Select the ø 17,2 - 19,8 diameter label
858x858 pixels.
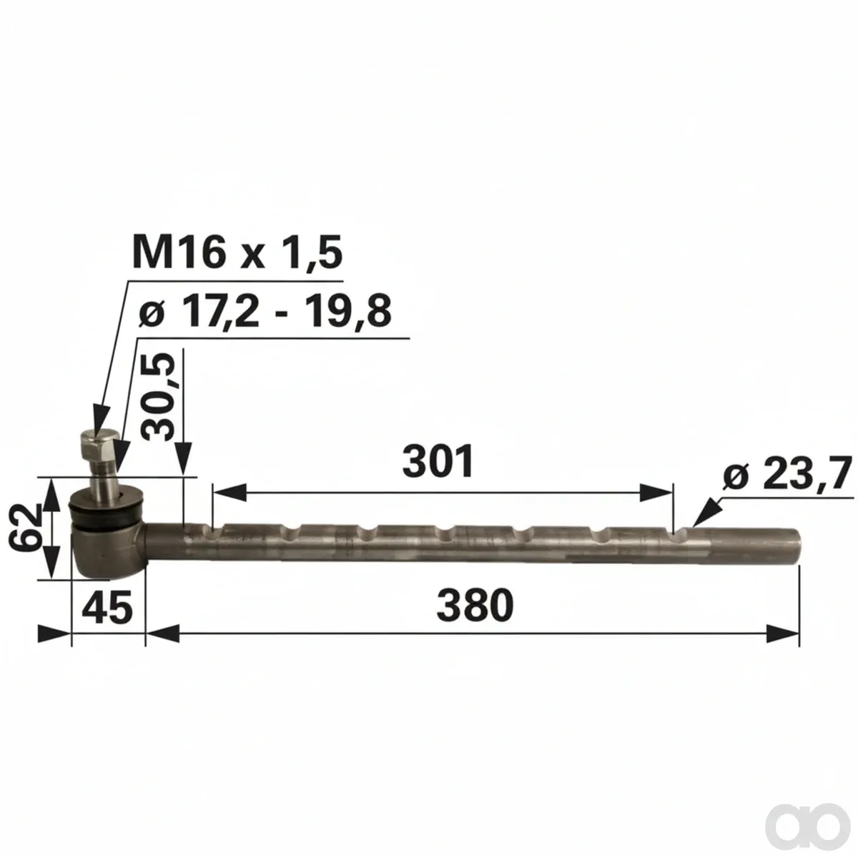tap(265, 311)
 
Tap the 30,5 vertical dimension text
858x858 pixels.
tap(156, 397)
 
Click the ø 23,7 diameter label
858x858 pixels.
tap(787, 475)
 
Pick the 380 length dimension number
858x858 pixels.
tap(475, 606)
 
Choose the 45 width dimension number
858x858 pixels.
tap(107, 607)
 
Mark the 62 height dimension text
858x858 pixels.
tap(25, 528)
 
